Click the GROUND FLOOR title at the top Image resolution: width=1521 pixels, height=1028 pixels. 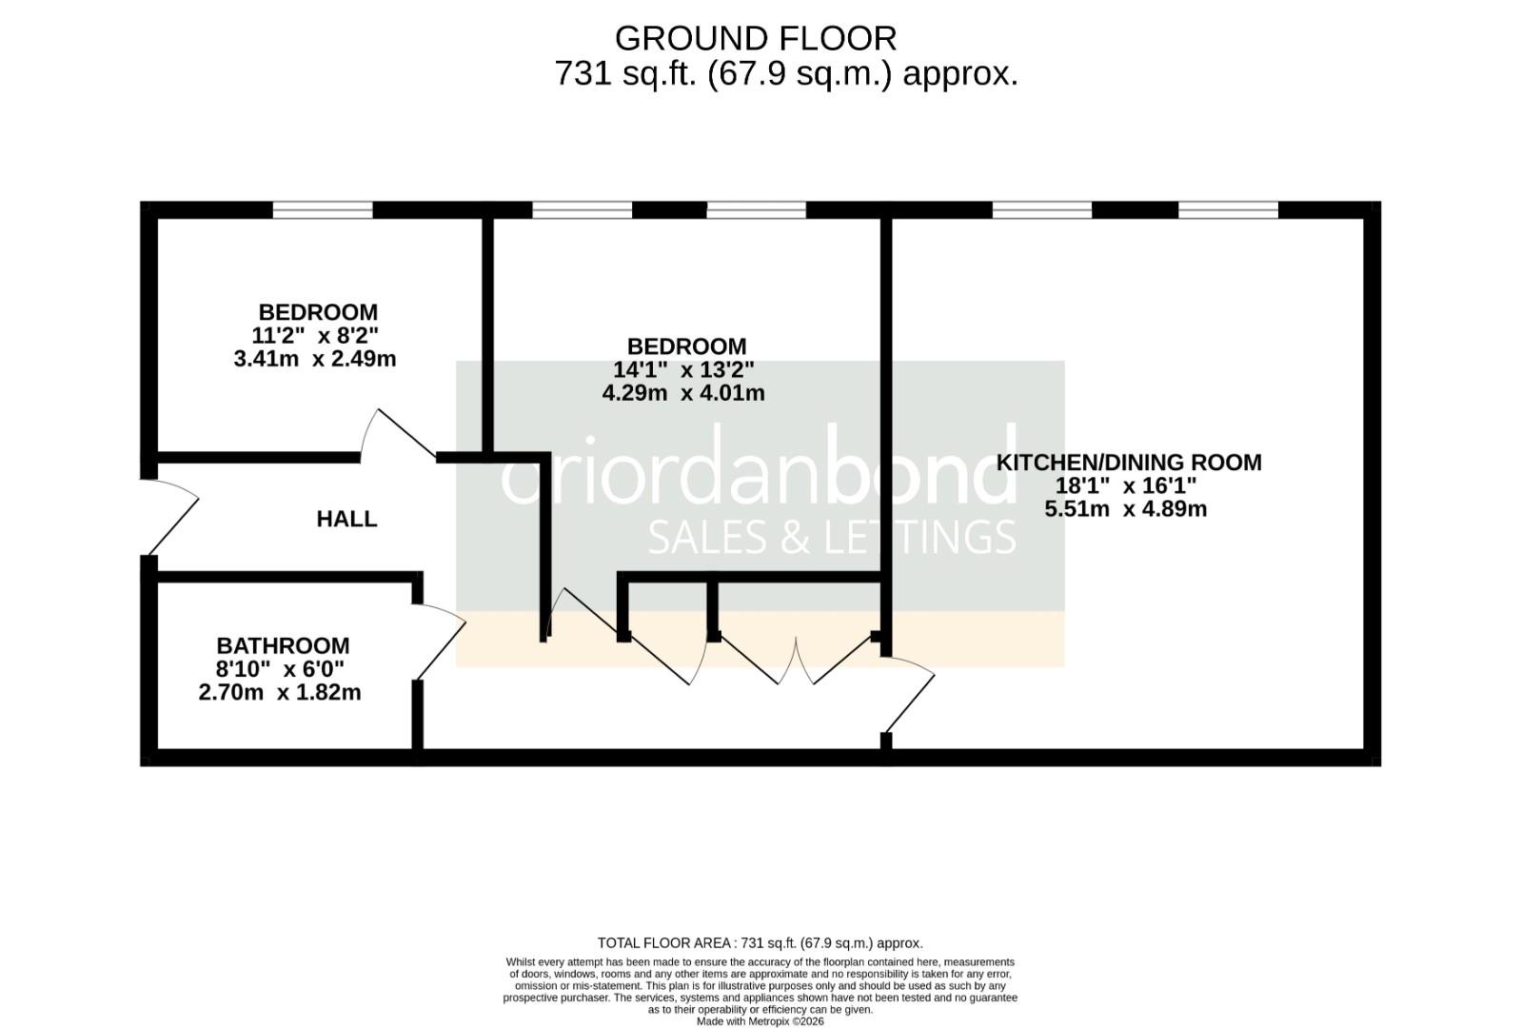point(755,39)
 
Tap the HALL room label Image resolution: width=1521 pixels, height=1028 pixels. point(346,519)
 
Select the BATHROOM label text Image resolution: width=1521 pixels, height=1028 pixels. point(283,645)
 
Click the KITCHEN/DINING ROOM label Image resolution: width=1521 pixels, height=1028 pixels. point(1128,463)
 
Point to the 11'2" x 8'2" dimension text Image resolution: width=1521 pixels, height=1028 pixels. point(315,336)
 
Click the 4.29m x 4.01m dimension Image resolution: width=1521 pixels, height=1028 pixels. point(683,393)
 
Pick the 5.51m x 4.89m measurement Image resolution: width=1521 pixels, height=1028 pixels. point(1125,509)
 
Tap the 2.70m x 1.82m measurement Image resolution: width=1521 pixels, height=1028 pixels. point(280,693)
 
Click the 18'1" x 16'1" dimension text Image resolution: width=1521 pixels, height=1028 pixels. point(1125,485)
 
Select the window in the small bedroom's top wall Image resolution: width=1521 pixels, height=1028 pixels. point(323,209)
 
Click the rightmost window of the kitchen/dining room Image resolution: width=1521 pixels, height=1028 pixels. point(1228,209)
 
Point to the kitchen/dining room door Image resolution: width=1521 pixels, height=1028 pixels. point(909,695)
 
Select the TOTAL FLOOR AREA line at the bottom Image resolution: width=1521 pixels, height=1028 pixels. point(760,943)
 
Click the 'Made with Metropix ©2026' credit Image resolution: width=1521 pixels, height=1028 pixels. point(760,1021)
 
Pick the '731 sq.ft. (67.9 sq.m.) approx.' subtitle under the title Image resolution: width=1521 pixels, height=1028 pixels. point(785,73)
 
